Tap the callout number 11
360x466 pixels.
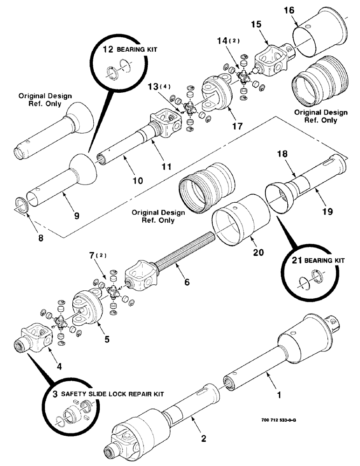click(166, 165)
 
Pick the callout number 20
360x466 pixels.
click(258, 252)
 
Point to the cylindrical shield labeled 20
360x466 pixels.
click(242, 219)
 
